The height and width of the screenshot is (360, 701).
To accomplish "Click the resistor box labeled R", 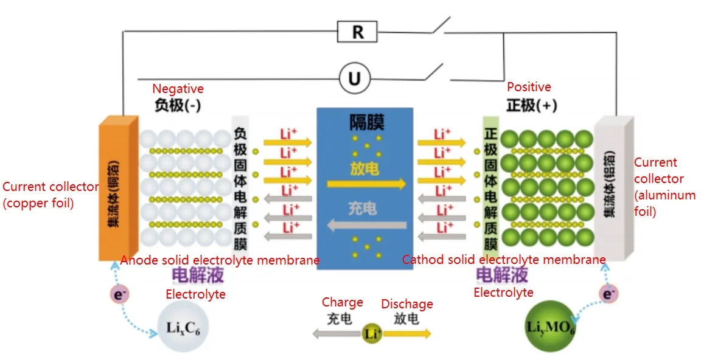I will point(358,32).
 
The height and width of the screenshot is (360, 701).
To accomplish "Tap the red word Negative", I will point(178,89).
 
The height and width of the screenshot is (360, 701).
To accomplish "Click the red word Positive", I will point(529,87).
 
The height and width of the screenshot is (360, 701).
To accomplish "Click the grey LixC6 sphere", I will point(181,328).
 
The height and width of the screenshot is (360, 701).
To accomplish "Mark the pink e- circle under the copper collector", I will point(117,294).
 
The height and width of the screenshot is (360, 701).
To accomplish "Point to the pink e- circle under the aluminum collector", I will point(608,294).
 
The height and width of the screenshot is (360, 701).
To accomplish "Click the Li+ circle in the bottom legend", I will point(372,333).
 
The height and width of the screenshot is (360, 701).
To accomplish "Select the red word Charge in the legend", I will point(342,302).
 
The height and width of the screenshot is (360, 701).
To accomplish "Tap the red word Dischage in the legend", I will point(407,304).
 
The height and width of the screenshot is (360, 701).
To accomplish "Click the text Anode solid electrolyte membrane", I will point(220,260).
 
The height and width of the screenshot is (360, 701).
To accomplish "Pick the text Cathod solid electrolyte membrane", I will point(504,260).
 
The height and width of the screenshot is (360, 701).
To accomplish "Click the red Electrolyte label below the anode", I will point(195,294).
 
